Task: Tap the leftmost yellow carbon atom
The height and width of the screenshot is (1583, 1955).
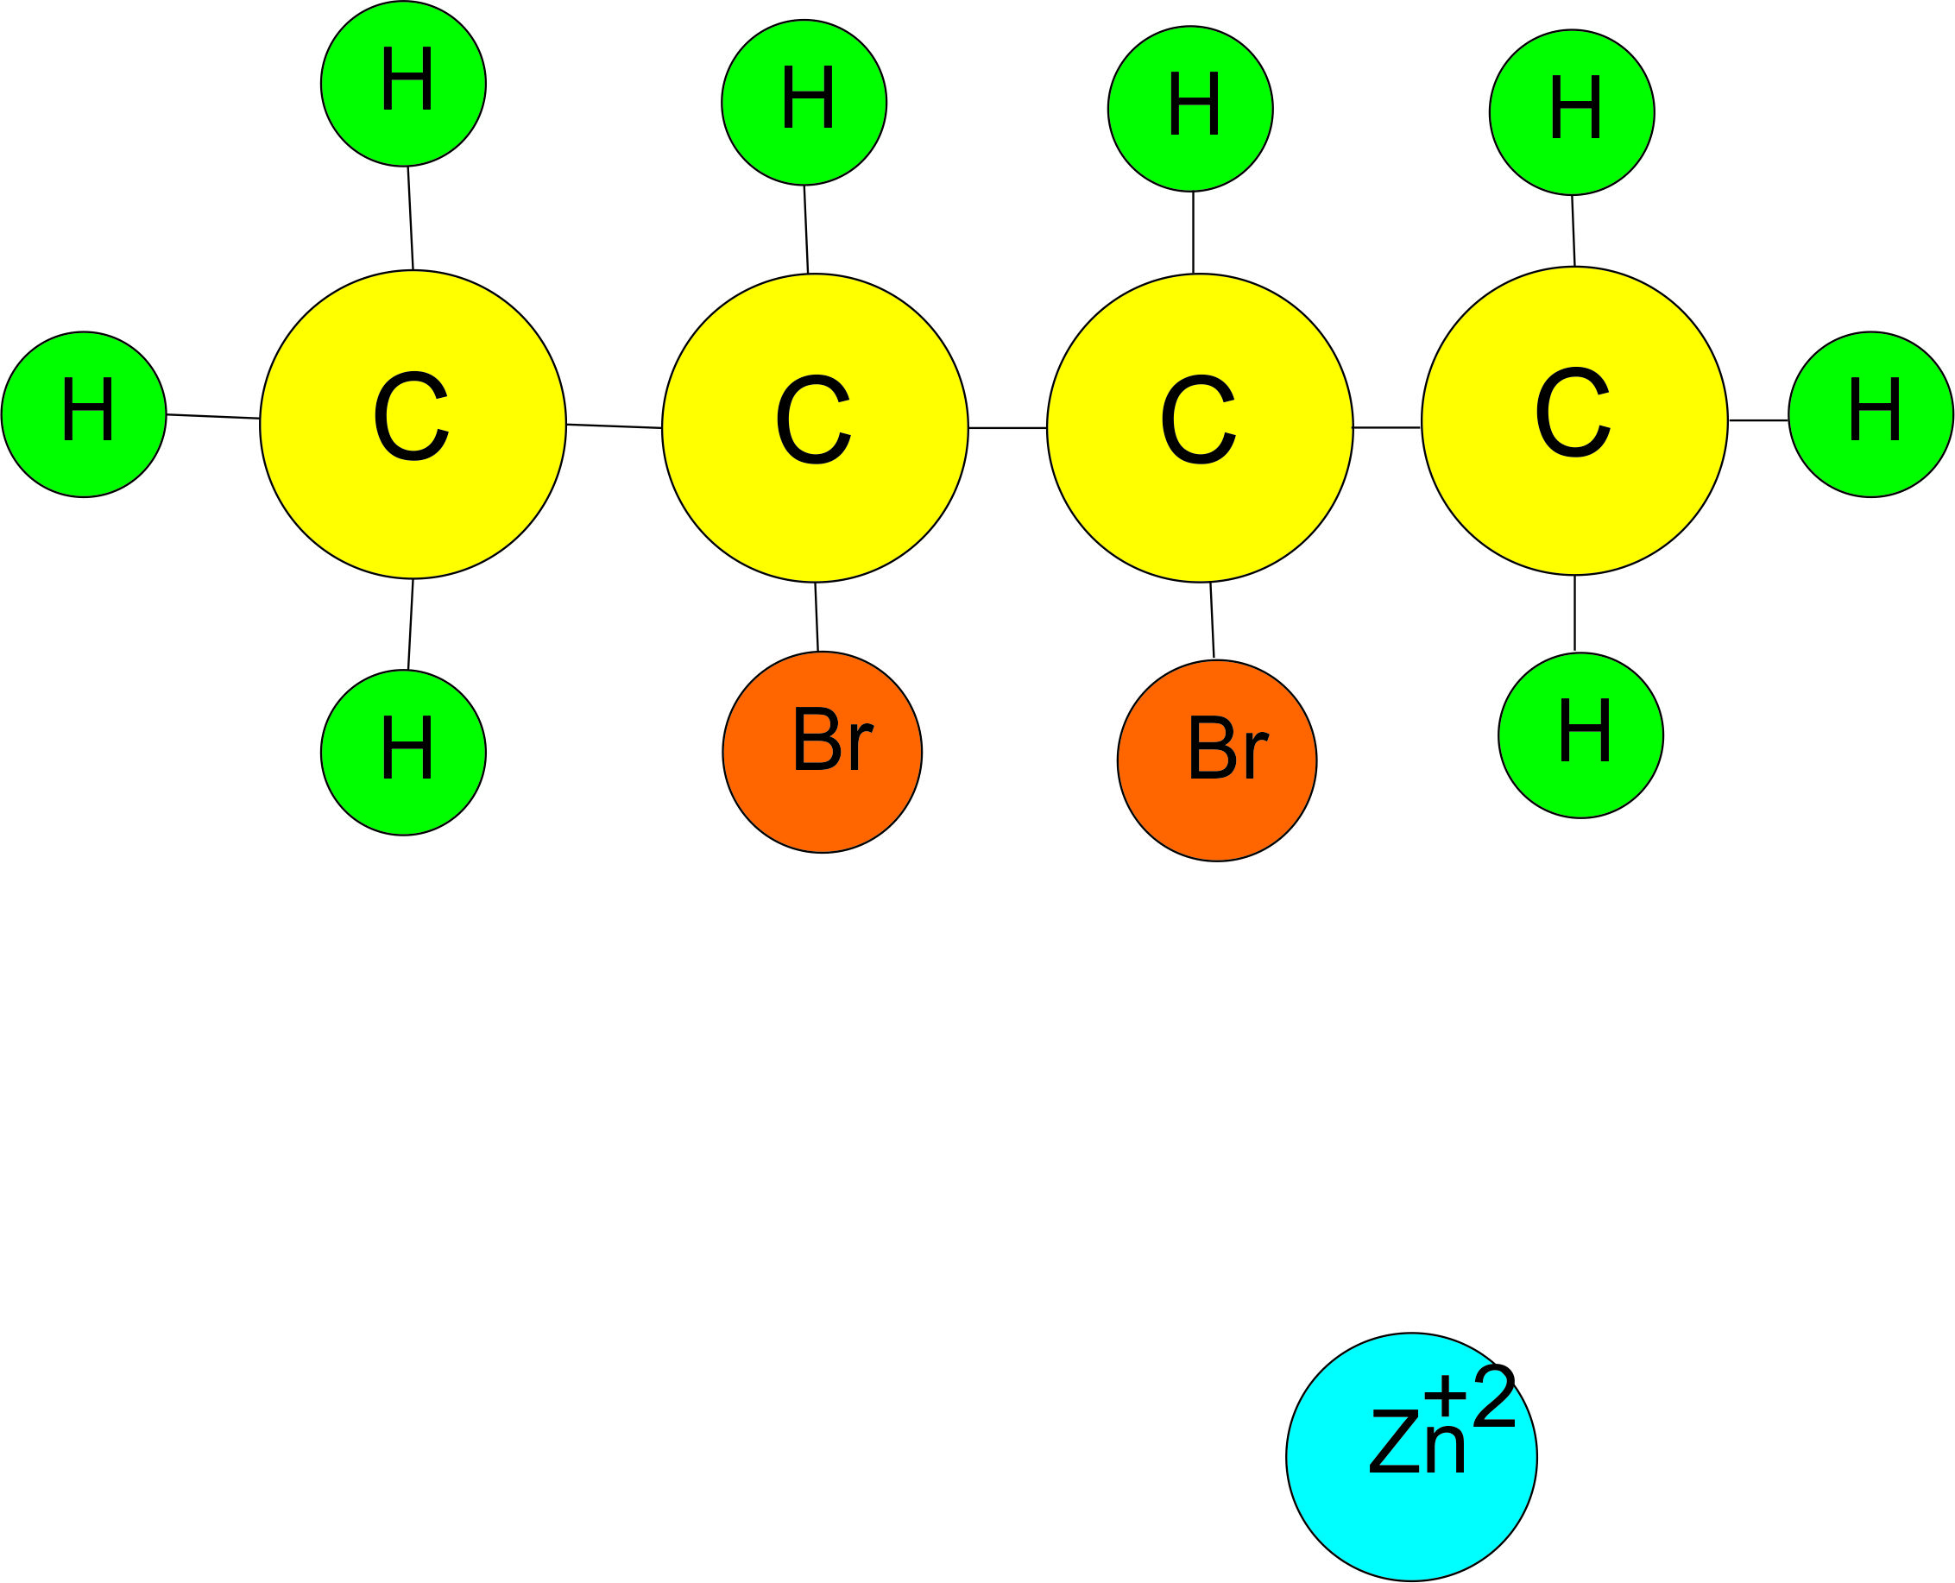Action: click(413, 424)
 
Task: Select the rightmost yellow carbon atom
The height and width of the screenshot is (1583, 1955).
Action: click(1574, 420)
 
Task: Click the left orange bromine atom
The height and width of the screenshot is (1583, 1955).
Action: click(822, 753)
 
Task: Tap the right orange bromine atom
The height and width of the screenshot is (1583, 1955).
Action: click(1216, 760)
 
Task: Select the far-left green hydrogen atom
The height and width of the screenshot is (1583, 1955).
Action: click(84, 414)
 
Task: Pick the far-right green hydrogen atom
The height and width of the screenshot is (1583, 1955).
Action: click(1870, 414)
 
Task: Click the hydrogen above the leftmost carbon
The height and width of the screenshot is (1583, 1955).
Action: click(403, 84)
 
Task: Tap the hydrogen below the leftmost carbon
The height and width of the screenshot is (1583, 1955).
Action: click(403, 753)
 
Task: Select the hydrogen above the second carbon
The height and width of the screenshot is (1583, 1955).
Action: click(804, 102)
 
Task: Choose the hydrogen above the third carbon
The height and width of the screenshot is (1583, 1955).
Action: click(1190, 109)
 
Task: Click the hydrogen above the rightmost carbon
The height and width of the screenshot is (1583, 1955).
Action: click(1571, 112)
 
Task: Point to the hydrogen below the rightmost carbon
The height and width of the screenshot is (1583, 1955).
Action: click(1580, 735)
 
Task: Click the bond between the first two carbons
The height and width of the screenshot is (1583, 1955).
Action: click(614, 426)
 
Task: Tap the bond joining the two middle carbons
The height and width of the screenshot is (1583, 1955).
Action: click(1006, 427)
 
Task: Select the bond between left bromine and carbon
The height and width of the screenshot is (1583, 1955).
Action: click(817, 616)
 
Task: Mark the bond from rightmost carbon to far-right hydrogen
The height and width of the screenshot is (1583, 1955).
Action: click(1758, 420)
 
